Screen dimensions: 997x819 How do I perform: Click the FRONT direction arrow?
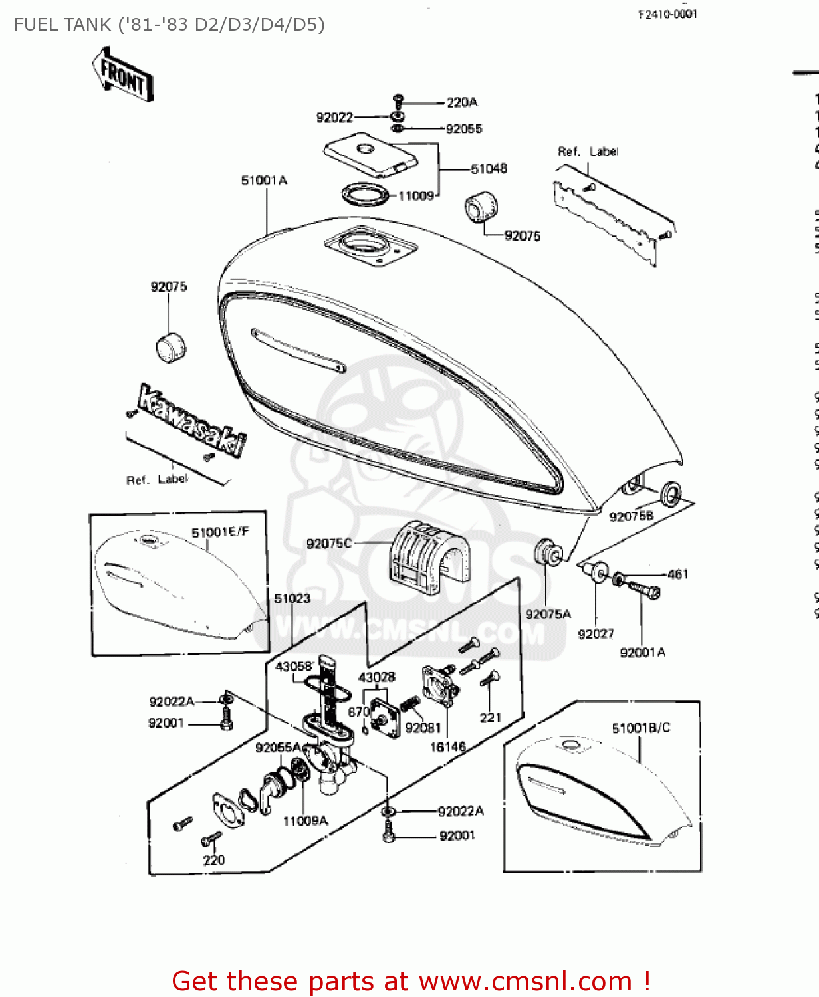pyautogui.click(x=123, y=75)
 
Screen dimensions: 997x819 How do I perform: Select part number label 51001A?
pyautogui.click(x=264, y=181)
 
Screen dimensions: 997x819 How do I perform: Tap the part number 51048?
pyautogui.click(x=489, y=169)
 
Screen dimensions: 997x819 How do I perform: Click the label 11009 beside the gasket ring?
pyautogui.click(x=415, y=195)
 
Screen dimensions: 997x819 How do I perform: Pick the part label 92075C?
pyautogui.click(x=328, y=543)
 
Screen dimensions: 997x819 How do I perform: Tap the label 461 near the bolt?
pyautogui.click(x=677, y=574)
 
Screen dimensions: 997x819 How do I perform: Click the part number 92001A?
pyautogui.click(x=642, y=652)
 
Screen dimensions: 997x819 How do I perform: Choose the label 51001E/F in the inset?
pyautogui.click(x=220, y=532)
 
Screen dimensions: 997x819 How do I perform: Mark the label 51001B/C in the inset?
pyautogui.click(x=641, y=728)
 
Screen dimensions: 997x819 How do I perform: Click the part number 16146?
pyautogui.click(x=447, y=746)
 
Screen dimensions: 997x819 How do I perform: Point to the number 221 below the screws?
pyautogui.click(x=490, y=717)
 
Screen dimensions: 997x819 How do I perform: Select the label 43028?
pyautogui.click(x=376, y=677)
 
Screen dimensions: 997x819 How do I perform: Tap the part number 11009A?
pyautogui.click(x=305, y=821)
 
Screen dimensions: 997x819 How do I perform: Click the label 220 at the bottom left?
pyautogui.click(x=213, y=859)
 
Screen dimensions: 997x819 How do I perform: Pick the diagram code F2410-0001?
pyautogui.click(x=667, y=15)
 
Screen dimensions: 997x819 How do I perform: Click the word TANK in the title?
pyautogui.click(x=85, y=25)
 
